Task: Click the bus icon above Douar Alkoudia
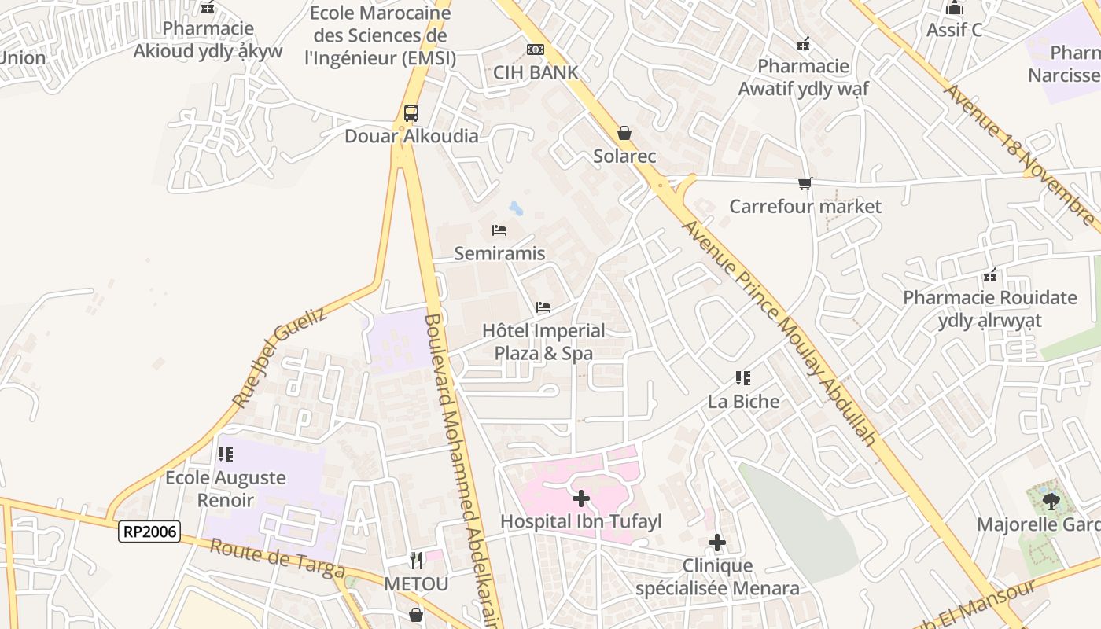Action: [411, 113]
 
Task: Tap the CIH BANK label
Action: [536, 72]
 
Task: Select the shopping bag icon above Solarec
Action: [624, 134]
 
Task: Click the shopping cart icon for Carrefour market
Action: [805, 184]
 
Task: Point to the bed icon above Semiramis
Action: [499, 230]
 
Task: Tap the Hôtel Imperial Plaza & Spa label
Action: [543, 342]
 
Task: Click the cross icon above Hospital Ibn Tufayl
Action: [581, 498]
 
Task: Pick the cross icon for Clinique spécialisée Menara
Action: [717, 543]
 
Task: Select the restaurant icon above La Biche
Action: [743, 378]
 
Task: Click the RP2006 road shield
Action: [149, 532]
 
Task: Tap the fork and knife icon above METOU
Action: [416, 561]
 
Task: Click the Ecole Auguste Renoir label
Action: [226, 488]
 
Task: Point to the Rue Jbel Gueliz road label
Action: [279, 357]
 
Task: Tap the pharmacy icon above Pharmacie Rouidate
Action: [990, 276]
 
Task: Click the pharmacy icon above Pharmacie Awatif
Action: [803, 44]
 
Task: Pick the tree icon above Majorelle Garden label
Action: [1049, 501]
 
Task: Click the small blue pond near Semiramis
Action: [516, 208]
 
